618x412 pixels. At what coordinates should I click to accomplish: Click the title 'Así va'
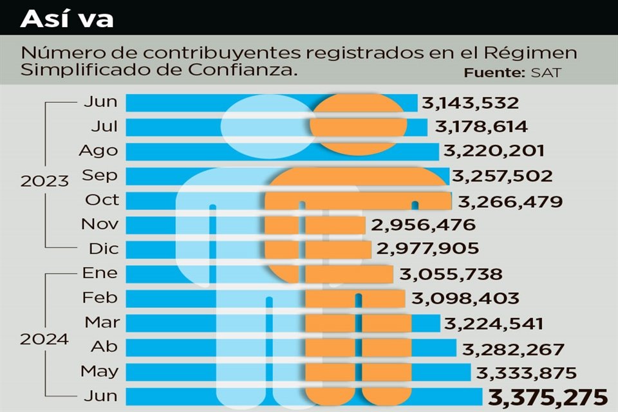tap(67, 18)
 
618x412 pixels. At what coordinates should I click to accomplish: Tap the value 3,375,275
tap(548, 397)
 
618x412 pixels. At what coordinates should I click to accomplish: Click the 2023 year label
tap(44, 181)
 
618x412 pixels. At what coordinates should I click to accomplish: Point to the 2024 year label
tap(44, 339)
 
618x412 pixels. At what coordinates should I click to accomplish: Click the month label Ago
tap(98, 151)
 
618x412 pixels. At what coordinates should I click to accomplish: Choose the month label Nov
tap(100, 224)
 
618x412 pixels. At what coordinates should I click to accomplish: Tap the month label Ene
tap(100, 273)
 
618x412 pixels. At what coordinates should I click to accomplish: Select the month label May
tap(99, 371)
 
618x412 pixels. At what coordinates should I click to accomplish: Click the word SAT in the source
tap(546, 73)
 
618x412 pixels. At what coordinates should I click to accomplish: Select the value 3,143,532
tap(470, 102)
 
